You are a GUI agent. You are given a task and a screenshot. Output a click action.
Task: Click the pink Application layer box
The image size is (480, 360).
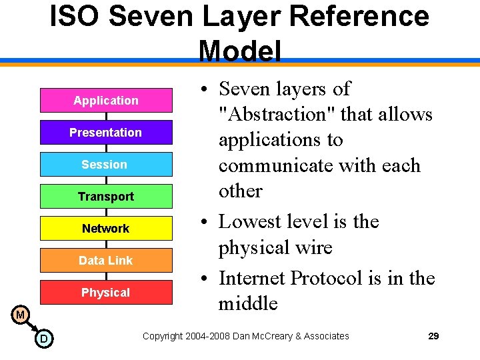coord(106,100)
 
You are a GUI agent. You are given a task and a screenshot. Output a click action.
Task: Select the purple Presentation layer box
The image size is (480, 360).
coord(106,132)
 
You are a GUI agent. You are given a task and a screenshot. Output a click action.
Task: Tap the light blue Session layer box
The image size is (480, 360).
coord(106,164)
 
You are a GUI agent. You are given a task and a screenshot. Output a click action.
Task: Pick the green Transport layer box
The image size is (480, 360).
coord(106,196)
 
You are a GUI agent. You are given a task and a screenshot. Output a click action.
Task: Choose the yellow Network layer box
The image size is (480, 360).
coord(106,228)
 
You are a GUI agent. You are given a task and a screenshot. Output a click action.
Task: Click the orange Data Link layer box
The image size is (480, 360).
coord(106,260)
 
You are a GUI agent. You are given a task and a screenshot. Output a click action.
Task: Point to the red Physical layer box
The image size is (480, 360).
coord(106,292)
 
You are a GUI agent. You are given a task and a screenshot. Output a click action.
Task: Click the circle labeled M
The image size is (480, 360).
coord(21,314)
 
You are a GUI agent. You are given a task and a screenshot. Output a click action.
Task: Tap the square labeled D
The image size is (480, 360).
coord(43,339)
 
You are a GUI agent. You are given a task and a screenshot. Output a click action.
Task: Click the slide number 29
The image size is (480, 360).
coord(433,336)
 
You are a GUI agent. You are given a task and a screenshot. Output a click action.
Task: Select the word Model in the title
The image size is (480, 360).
coord(240,51)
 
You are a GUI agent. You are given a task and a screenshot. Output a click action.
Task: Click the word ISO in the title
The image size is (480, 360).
coord(75,17)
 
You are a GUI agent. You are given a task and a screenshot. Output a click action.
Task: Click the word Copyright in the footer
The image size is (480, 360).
coord(164,336)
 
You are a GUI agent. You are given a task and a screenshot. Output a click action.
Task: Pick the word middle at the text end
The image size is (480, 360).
coord(248,303)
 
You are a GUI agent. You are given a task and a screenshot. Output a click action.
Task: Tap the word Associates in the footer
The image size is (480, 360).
coord(326,336)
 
